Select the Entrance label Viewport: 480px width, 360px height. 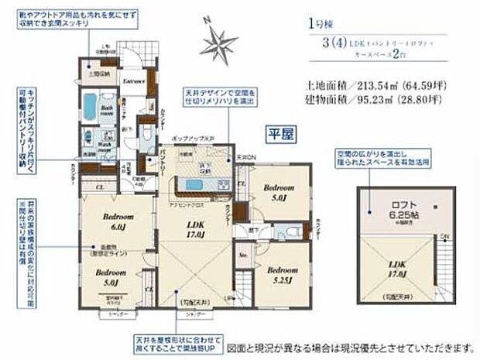coord(135,81)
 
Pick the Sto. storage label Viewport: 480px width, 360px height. coord(243,252)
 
